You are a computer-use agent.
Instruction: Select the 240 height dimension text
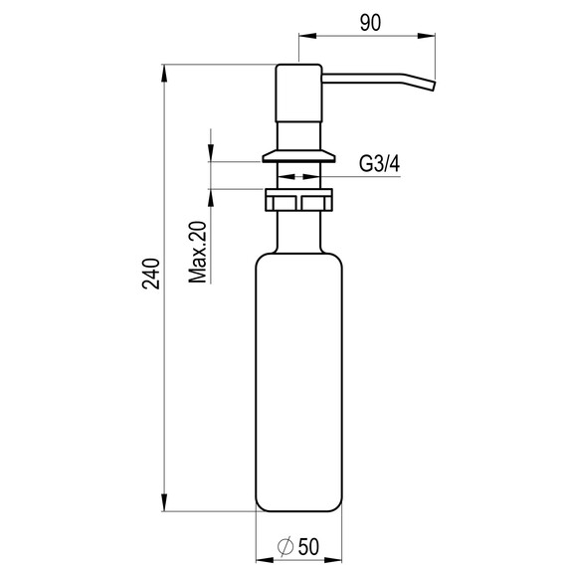point(150,274)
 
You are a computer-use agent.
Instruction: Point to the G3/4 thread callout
point(379,164)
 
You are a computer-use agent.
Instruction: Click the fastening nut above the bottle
point(299,203)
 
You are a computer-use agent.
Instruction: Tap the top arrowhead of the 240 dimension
point(164,72)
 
